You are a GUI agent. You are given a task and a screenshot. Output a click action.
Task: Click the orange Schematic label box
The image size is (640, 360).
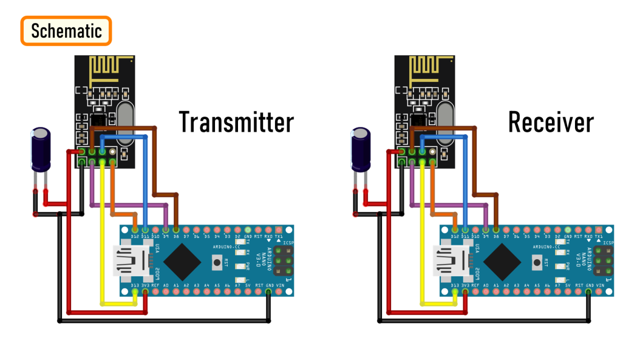[x=67, y=31]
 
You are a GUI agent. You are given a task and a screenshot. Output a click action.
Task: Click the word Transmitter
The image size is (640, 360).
[x=236, y=122]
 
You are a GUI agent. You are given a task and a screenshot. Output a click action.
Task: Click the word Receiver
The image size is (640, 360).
[x=551, y=122]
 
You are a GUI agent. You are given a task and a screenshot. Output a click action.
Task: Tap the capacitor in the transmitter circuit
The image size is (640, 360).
[x=41, y=149]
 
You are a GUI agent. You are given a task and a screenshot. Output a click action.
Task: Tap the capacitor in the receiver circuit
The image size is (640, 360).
[x=361, y=149]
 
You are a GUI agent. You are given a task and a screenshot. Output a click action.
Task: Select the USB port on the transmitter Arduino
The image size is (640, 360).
[x=132, y=260]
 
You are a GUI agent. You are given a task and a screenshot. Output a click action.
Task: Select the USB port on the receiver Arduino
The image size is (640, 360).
[x=452, y=260]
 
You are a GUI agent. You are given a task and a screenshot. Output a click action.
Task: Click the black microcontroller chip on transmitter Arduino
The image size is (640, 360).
[x=183, y=262]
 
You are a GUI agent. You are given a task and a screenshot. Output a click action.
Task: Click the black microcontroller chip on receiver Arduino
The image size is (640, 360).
[x=503, y=262]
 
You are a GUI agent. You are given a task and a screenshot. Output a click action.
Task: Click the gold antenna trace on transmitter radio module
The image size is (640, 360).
[x=109, y=68]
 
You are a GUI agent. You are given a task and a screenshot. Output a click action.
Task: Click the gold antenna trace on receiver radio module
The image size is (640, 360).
[x=429, y=68]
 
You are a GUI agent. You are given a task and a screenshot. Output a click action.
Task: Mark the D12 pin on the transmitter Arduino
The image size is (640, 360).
[x=135, y=230]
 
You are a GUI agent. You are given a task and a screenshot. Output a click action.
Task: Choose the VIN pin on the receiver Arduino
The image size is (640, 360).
[x=600, y=292]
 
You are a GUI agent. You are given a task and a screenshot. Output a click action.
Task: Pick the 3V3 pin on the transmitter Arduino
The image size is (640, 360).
[x=145, y=292]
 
